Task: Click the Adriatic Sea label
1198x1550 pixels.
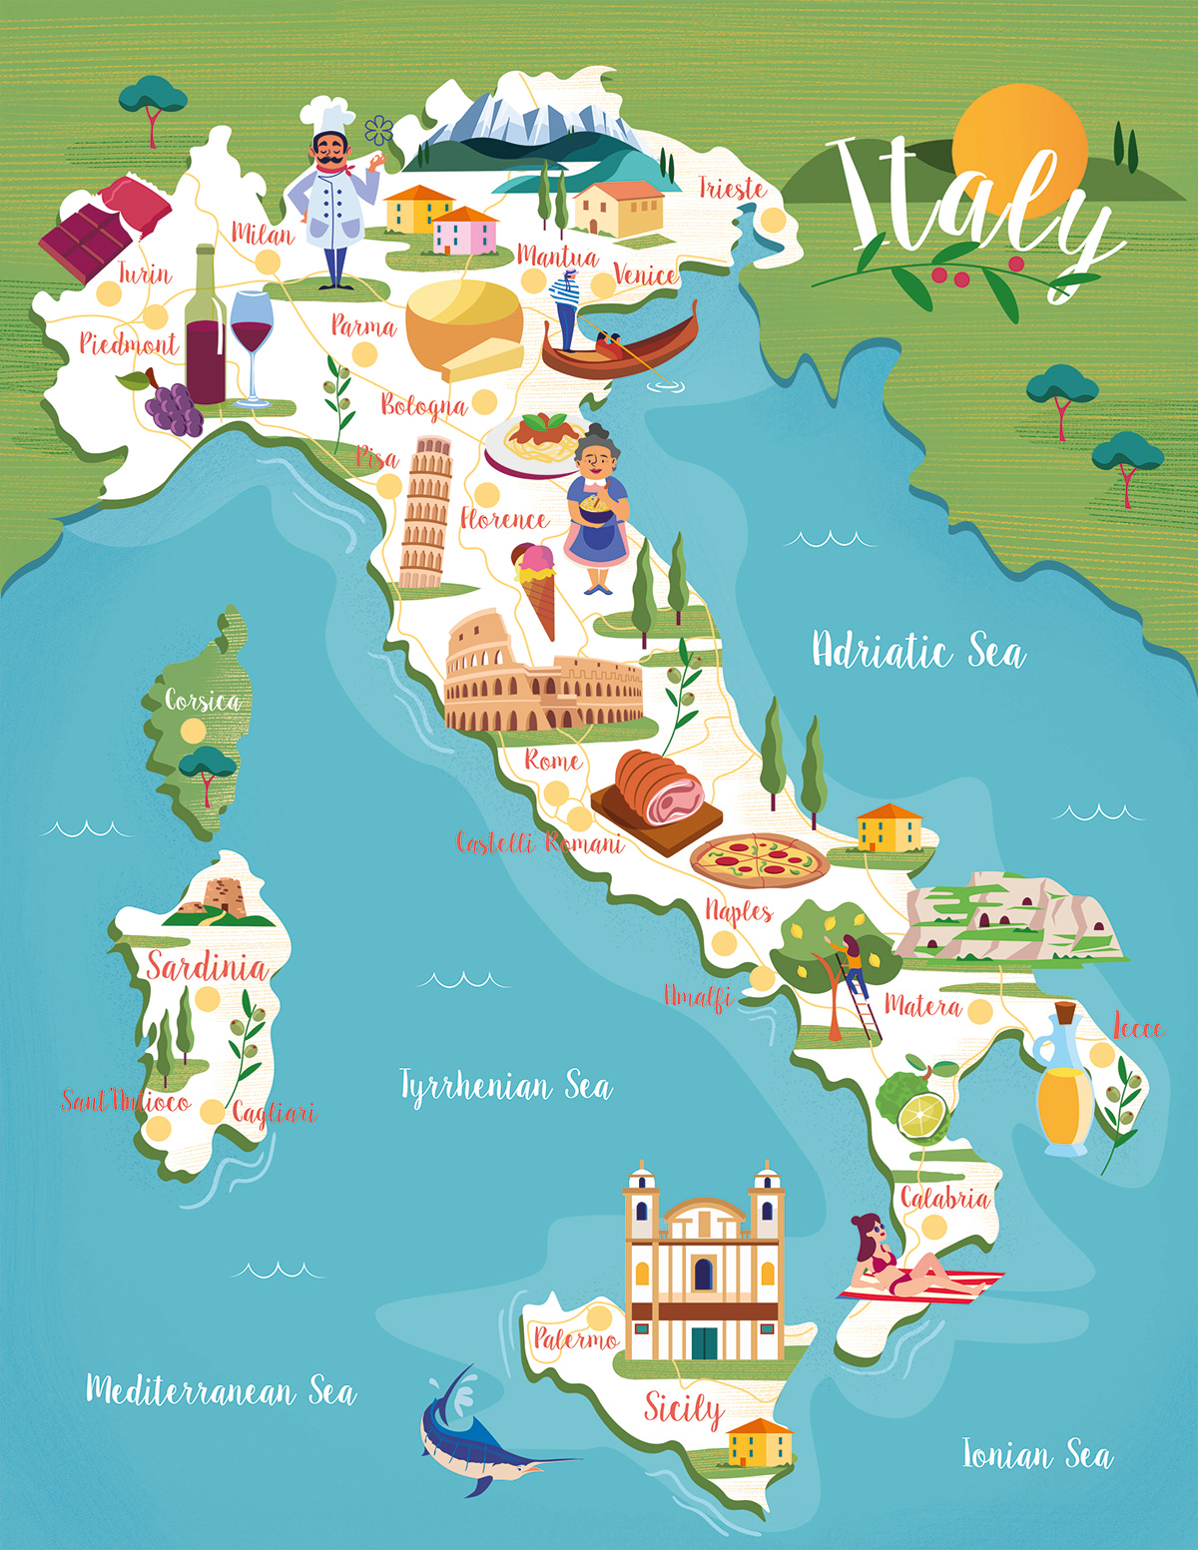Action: [x=917, y=651]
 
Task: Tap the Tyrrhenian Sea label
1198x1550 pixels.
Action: [x=505, y=1086]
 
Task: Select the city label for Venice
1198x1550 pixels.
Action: [x=645, y=274]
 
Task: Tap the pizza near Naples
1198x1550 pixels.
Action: [x=759, y=859]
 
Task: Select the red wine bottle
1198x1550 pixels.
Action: [x=205, y=329]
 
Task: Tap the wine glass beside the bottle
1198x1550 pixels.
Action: [x=252, y=339]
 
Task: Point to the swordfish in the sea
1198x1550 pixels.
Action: [x=479, y=1437]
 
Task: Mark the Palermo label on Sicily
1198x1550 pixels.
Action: [x=575, y=1338]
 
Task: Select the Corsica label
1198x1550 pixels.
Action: [x=204, y=701]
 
